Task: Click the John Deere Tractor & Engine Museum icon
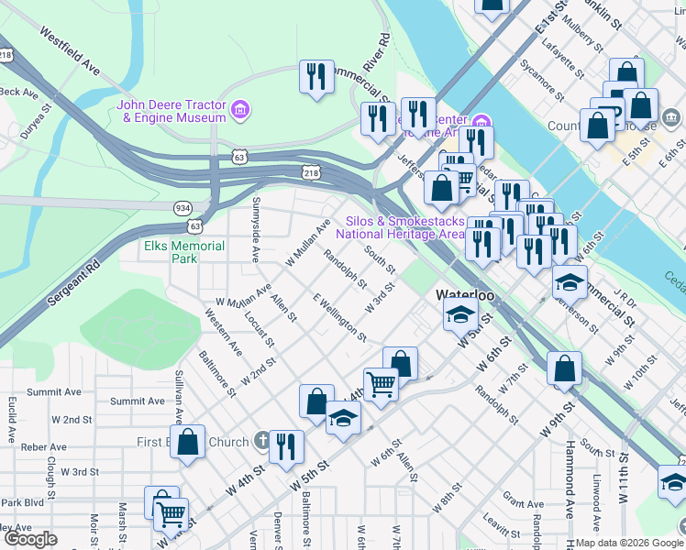click(240, 111)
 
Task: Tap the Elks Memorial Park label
click(184, 252)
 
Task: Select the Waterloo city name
click(465, 296)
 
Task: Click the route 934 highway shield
click(183, 208)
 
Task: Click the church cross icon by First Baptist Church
click(261, 442)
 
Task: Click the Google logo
click(31, 539)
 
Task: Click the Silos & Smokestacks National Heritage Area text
click(402, 227)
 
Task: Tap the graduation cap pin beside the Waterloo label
click(459, 316)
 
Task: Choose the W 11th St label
click(624, 477)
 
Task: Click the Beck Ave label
click(18, 92)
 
